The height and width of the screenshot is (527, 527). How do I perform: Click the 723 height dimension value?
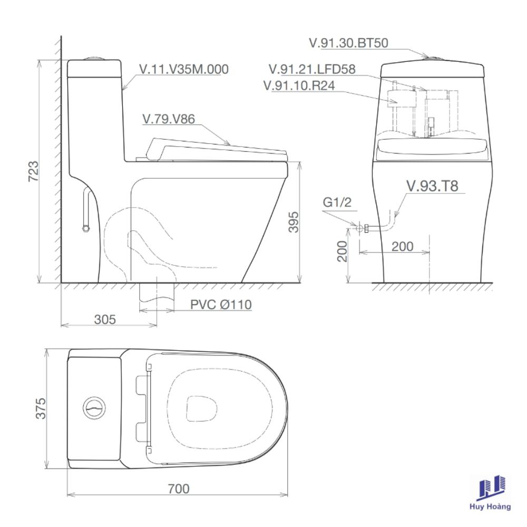click(33, 171)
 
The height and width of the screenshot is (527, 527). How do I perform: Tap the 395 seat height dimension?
click(294, 222)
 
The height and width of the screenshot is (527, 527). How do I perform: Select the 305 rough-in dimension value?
click(105, 319)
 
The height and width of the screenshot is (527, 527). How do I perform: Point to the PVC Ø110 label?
click(221, 305)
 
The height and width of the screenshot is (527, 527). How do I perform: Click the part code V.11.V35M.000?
click(184, 69)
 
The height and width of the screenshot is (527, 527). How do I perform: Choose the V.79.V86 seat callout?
click(169, 119)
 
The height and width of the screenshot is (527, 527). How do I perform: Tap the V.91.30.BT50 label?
click(348, 43)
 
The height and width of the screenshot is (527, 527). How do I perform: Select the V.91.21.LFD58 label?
click(312, 69)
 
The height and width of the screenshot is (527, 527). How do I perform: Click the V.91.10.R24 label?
click(299, 85)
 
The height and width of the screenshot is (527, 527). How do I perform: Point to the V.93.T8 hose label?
click(432, 186)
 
